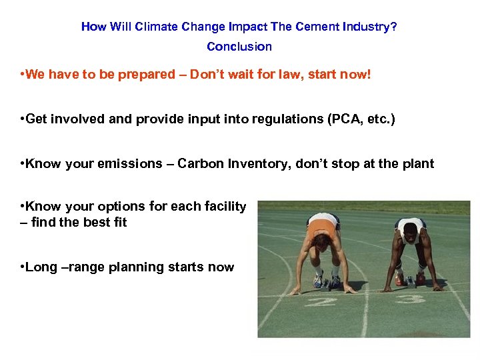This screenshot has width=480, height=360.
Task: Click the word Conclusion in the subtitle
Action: [239, 47]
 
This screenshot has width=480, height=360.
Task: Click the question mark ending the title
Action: [395, 27]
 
